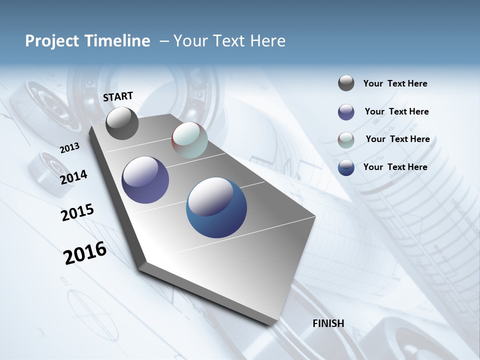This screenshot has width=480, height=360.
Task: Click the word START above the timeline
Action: (x=118, y=96)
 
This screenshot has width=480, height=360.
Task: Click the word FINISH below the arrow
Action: (x=328, y=323)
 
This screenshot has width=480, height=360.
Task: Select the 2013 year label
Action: (x=69, y=148)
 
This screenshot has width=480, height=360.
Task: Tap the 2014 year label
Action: (x=73, y=177)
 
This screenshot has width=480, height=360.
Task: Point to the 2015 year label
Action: (x=77, y=212)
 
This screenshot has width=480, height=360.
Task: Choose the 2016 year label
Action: (x=85, y=253)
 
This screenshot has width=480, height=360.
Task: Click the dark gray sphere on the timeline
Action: (x=122, y=123)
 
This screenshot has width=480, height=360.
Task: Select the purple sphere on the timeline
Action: (x=145, y=180)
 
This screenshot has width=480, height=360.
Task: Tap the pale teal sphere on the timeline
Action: (x=189, y=140)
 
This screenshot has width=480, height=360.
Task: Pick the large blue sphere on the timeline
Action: (x=216, y=207)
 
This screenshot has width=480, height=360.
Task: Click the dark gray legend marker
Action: (x=346, y=83)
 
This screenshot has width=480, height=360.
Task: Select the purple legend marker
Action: (x=346, y=112)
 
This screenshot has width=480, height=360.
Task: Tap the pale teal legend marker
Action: (x=346, y=140)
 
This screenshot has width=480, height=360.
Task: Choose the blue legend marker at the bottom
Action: (x=346, y=167)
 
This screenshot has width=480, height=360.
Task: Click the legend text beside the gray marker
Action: (x=395, y=84)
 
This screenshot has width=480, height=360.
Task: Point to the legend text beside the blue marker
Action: (x=395, y=167)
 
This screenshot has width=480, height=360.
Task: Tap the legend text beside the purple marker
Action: (x=396, y=111)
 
